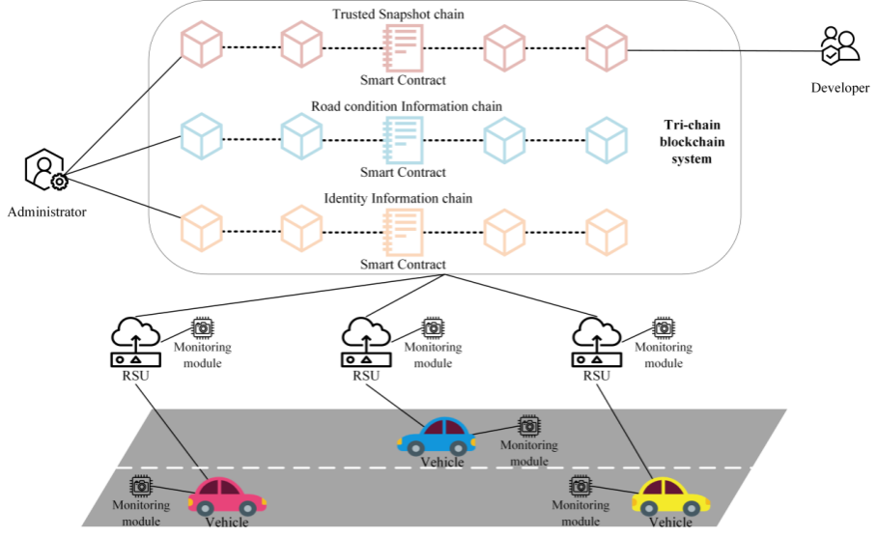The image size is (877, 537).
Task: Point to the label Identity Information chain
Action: click(x=398, y=198)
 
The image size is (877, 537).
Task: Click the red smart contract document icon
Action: click(x=403, y=45)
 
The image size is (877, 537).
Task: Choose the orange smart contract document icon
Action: click(x=403, y=231)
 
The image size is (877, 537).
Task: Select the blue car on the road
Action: click(x=437, y=436)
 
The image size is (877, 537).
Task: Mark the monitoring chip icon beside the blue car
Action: click(x=528, y=426)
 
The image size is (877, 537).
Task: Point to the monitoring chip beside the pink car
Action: click(x=141, y=484)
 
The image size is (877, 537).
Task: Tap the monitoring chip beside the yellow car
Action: click(x=580, y=485)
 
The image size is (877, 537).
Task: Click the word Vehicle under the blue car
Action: click(x=442, y=462)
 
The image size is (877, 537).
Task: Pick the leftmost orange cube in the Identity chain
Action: click(x=202, y=230)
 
